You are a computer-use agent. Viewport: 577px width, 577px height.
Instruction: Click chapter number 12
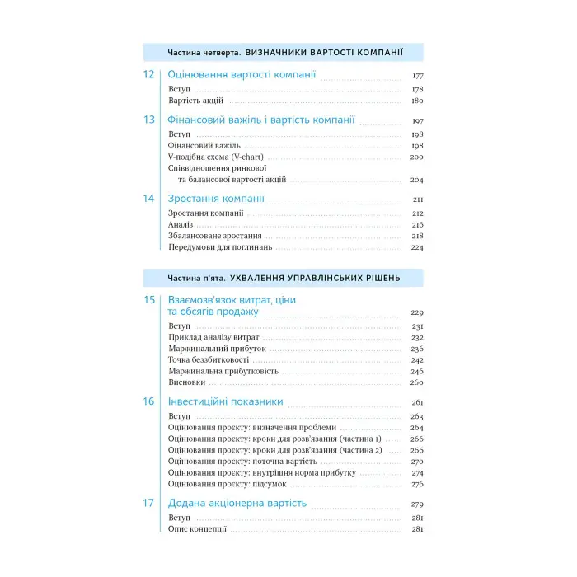(x=148, y=75)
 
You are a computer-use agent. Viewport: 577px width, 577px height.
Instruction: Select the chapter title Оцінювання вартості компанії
(x=242, y=75)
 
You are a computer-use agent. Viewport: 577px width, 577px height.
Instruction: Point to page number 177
(x=417, y=77)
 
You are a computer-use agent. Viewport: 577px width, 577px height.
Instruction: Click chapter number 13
(x=148, y=120)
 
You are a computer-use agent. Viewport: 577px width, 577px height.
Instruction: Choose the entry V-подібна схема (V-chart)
(x=216, y=157)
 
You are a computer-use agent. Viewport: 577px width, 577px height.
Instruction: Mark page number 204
(x=416, y=180)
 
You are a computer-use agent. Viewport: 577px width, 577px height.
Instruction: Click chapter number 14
(x=148, y=199)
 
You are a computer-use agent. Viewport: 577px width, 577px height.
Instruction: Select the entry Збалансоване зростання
(x=209, y=236)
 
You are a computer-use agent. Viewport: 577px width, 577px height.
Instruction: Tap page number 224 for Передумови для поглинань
(x=417, y=247)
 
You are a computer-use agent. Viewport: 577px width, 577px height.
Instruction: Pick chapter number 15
(x=148, y=301)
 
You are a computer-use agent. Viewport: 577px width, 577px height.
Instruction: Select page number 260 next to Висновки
(x=416, y=382)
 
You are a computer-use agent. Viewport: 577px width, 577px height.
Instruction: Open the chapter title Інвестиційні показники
(x=225, y=402)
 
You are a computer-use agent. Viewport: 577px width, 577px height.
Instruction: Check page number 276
(x=416, y=484)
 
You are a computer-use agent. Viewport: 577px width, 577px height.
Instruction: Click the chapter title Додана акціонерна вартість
(x=237, y=504)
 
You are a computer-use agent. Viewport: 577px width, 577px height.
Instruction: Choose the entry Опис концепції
(x=197, y=529)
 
